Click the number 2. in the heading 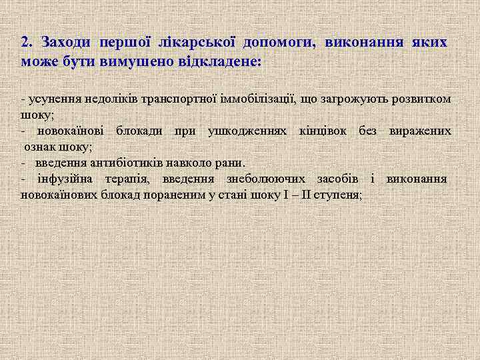coord(26,42)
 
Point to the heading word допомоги coord(278,43)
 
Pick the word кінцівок coord(326,130)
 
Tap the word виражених coord(420,130)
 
